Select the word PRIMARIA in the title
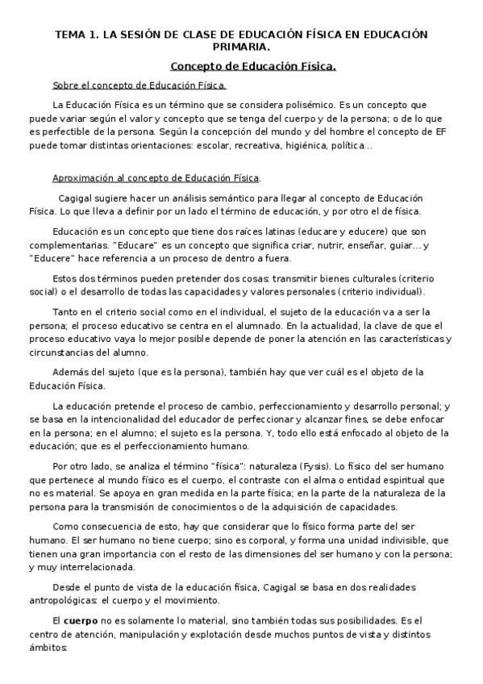(x=241, y=48)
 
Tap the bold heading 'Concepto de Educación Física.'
(x=253, y=66)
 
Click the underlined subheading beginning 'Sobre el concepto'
(x=139, y=85)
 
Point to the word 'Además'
(x=71, y=372)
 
